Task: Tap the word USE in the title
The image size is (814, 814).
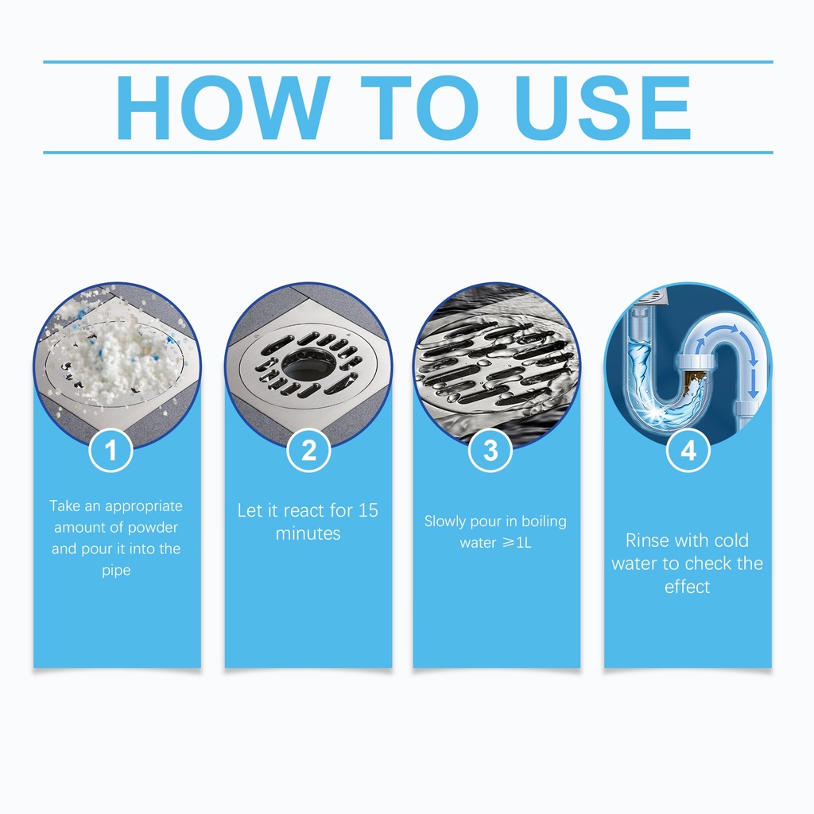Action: coord(603,108)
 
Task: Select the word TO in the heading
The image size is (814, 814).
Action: coord(420,108)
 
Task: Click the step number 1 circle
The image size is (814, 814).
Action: coord(110,450)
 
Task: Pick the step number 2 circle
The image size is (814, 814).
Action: coord(308,450)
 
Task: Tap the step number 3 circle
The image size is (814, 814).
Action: coord(490,450)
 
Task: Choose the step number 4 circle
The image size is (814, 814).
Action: coord(688,450)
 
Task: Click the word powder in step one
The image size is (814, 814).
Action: coord(153,528)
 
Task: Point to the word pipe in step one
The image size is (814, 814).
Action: coord(116,571)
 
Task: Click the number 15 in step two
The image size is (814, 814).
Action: coord(368,510)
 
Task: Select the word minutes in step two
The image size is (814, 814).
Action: coord(308,533)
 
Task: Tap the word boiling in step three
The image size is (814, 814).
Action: coord(544,521)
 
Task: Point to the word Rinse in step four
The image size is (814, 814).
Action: coord(645,541)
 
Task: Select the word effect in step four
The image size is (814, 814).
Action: coord(687,587)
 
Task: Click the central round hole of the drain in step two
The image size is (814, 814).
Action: coord(308,364)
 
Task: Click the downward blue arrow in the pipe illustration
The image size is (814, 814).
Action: coord(754,380)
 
